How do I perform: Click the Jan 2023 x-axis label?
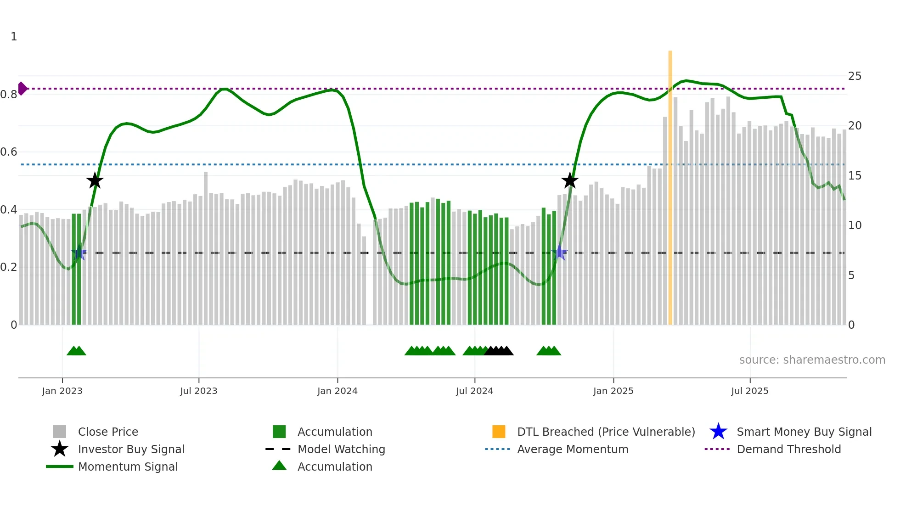[62, 391]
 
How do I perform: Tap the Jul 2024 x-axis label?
[474, 391]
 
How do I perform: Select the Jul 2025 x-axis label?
[749, 391]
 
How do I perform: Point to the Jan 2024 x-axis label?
[337, 391]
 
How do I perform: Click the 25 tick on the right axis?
[855, 76]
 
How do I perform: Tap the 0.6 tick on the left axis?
[9, 152]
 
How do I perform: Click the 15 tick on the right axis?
[855, 176]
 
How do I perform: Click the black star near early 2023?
[95, 181]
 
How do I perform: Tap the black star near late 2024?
[570, 181]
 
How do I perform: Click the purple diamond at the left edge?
[22, 89]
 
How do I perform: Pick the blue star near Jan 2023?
[79, 253]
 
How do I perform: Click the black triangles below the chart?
[499, 351]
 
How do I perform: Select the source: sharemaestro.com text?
[812, 360]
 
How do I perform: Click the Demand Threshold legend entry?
[788, 449]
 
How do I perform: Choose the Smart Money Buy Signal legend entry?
[804, 432]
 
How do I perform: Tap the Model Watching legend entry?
[341, 449]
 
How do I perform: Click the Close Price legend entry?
[107, 432]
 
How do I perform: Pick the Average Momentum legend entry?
[572, 449]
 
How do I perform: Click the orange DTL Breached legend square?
[499, 432]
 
